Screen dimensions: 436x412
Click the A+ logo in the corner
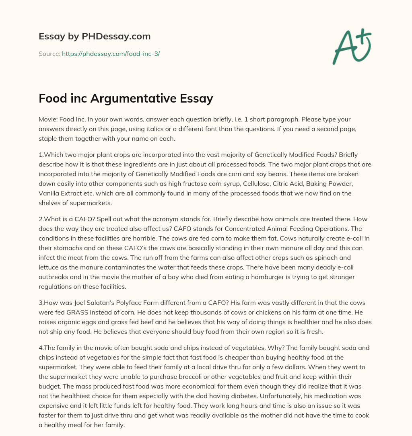click(x=352, y=46)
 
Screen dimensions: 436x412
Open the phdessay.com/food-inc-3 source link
click(x=111, y=53)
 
